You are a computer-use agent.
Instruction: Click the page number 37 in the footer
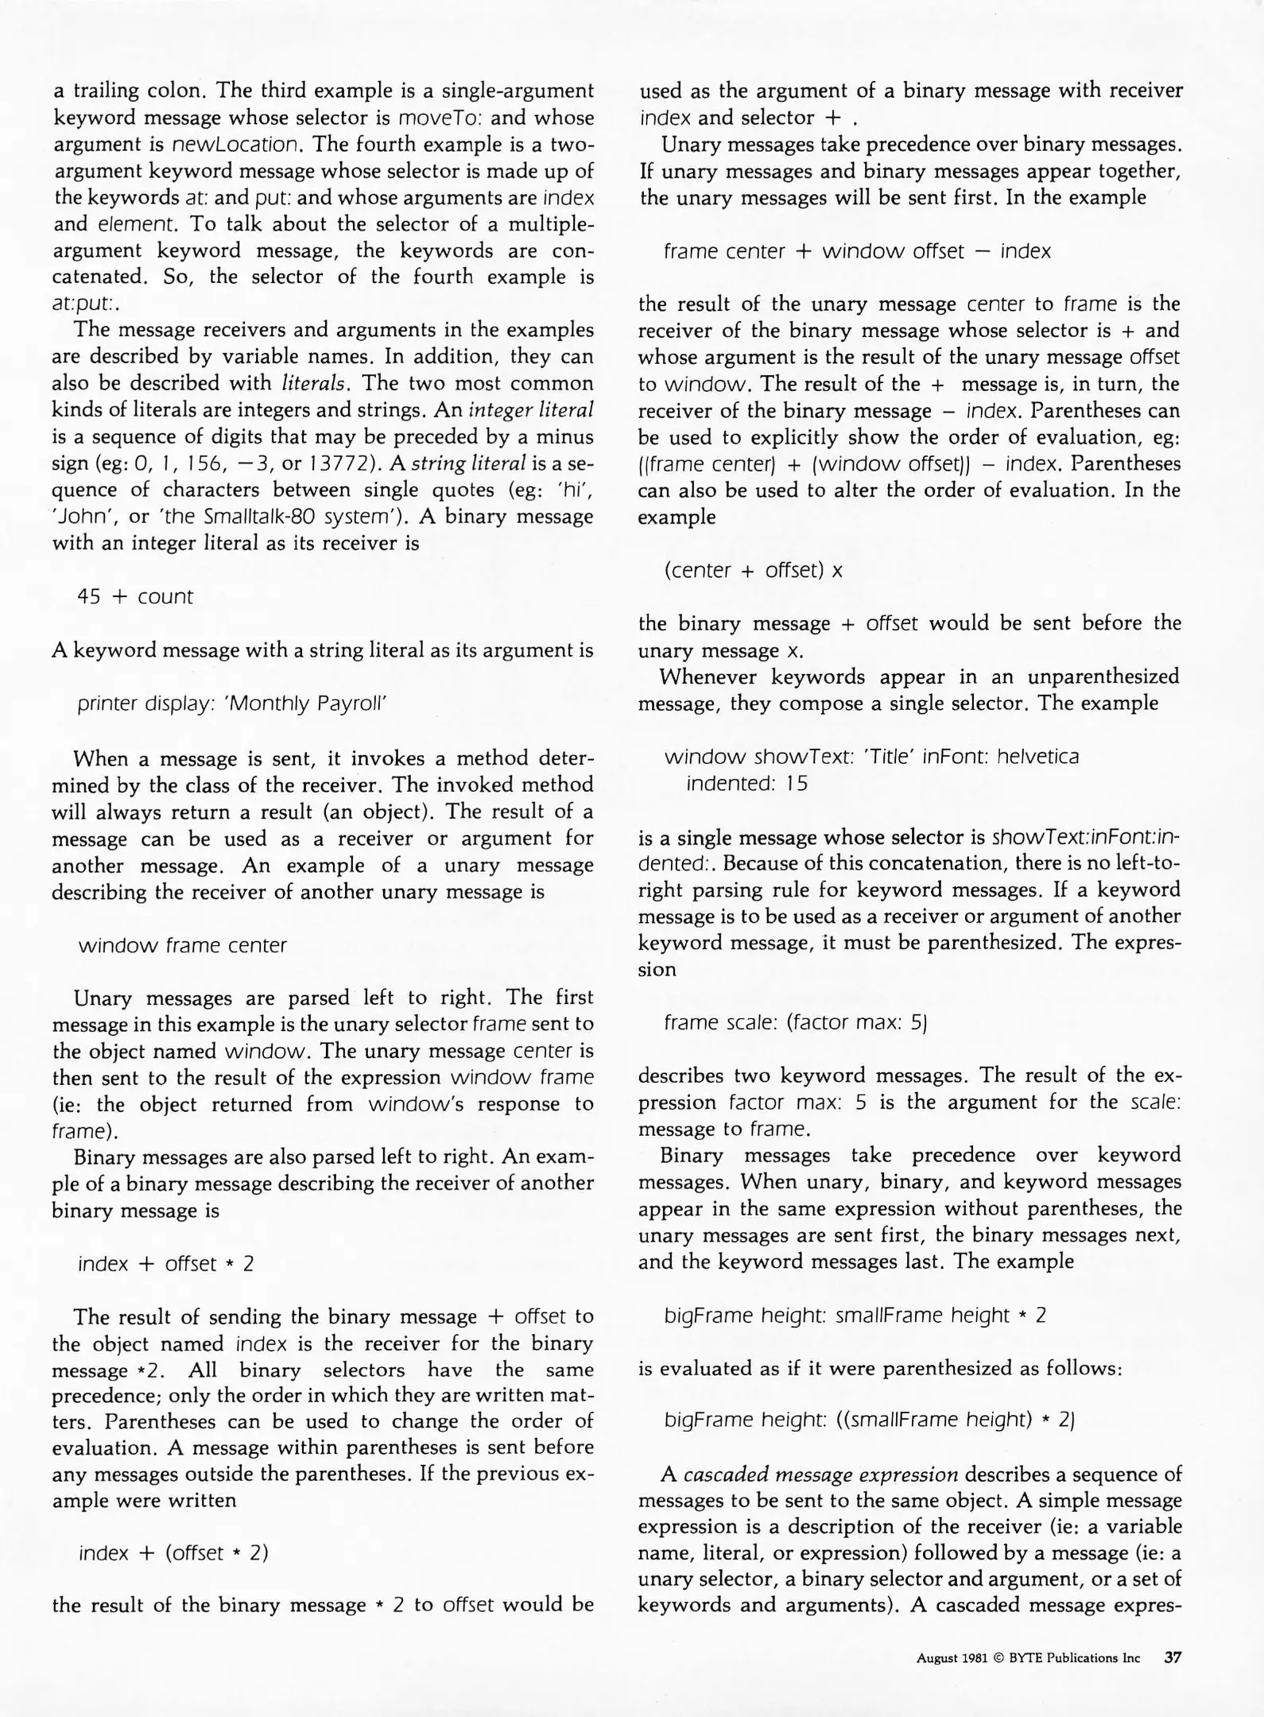(1173, 1657)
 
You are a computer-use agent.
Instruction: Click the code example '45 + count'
(134, 596)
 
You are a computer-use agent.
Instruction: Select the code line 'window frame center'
(182, 945)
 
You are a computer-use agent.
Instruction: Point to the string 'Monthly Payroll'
(306, 703)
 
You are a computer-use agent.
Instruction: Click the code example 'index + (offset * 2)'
(173, 1552)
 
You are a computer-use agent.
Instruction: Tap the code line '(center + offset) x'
(753, 570)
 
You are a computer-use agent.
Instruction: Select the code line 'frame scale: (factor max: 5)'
(796, 1022)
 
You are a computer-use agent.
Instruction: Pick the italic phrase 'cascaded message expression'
(820, 1475)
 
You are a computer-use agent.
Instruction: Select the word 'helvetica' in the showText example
(1037, 756)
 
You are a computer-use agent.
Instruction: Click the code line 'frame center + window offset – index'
(857, 251)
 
